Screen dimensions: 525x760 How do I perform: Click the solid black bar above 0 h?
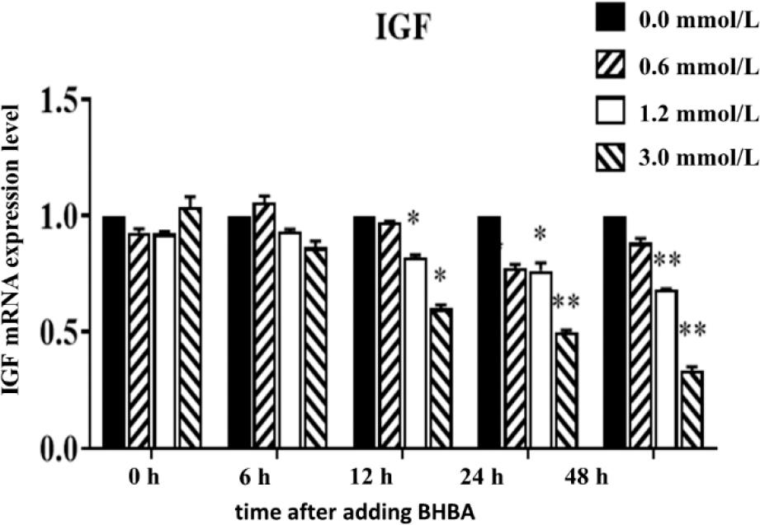click(x=114, y=332)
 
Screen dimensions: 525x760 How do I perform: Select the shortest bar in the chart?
click(x=692, y=410)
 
